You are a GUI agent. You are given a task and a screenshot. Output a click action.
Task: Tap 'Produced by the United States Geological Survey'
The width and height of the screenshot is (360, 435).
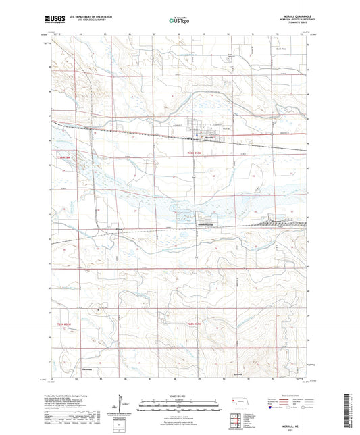click(x=67, y=396)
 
